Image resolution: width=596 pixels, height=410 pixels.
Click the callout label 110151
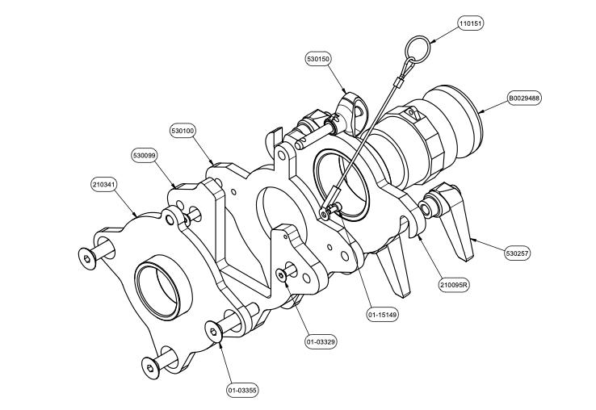point(471,24)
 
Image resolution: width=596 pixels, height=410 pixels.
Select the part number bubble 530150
point(317,59)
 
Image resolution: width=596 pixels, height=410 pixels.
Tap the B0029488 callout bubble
point(524,98)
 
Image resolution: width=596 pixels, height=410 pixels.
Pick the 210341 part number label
point(104,184)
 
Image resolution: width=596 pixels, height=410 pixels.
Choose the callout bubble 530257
point(518,253)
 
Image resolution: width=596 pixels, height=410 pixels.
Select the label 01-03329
point(321,341)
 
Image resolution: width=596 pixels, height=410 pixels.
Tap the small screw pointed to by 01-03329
point(281,274)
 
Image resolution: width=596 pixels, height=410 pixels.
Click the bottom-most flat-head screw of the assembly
point(150,367)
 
